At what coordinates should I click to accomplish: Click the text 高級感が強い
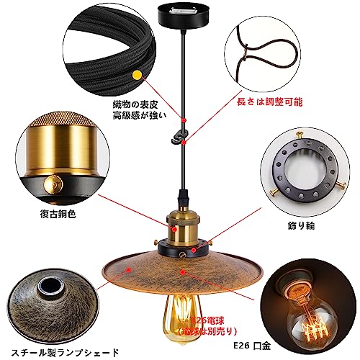[x=137, y=116]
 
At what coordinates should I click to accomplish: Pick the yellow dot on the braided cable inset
[x=136, y=75]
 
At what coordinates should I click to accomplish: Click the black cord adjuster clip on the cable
[x=184, y=135]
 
